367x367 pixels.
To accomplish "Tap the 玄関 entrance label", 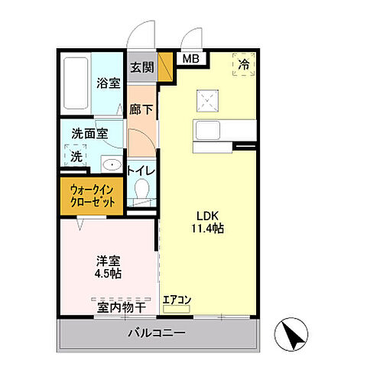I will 141,67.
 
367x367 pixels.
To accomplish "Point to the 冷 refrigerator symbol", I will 244,65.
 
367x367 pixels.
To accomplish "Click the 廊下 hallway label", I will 141,110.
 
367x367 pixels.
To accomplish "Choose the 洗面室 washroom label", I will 89,133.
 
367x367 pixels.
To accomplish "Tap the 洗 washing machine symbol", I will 76,156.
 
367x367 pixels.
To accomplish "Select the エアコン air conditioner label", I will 177,300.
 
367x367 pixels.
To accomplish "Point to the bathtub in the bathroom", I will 75,83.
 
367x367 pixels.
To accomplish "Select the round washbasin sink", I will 112,164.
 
